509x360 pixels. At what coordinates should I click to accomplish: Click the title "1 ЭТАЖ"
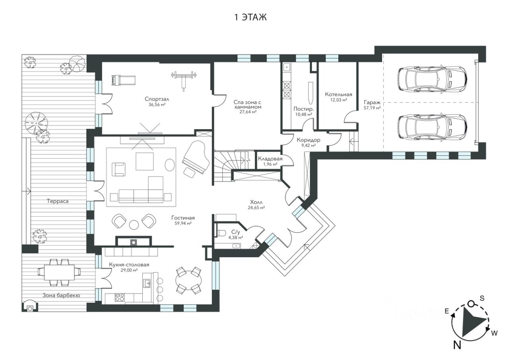point(250,17)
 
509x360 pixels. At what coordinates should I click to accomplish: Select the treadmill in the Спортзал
point(124,80)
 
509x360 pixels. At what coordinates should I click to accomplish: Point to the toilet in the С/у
point(221,233)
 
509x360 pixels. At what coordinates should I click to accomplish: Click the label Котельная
point(338,95)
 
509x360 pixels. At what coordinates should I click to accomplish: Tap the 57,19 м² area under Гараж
point(372,108)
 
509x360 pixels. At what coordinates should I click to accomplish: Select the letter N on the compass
point(457,351)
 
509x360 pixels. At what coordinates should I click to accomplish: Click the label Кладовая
point(270,159)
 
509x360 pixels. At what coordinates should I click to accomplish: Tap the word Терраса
point(58,201)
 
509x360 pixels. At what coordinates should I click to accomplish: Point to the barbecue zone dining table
point(59,272)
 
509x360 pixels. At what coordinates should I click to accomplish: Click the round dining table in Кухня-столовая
point(188,281)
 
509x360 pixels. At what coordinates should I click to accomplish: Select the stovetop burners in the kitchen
point(120,297)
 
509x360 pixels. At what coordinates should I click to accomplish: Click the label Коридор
point(308,140)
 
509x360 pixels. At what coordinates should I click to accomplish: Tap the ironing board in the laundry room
point(310,93)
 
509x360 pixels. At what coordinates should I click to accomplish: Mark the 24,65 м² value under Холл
point(256,207)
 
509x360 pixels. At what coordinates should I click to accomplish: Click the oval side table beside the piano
point(169,165)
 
